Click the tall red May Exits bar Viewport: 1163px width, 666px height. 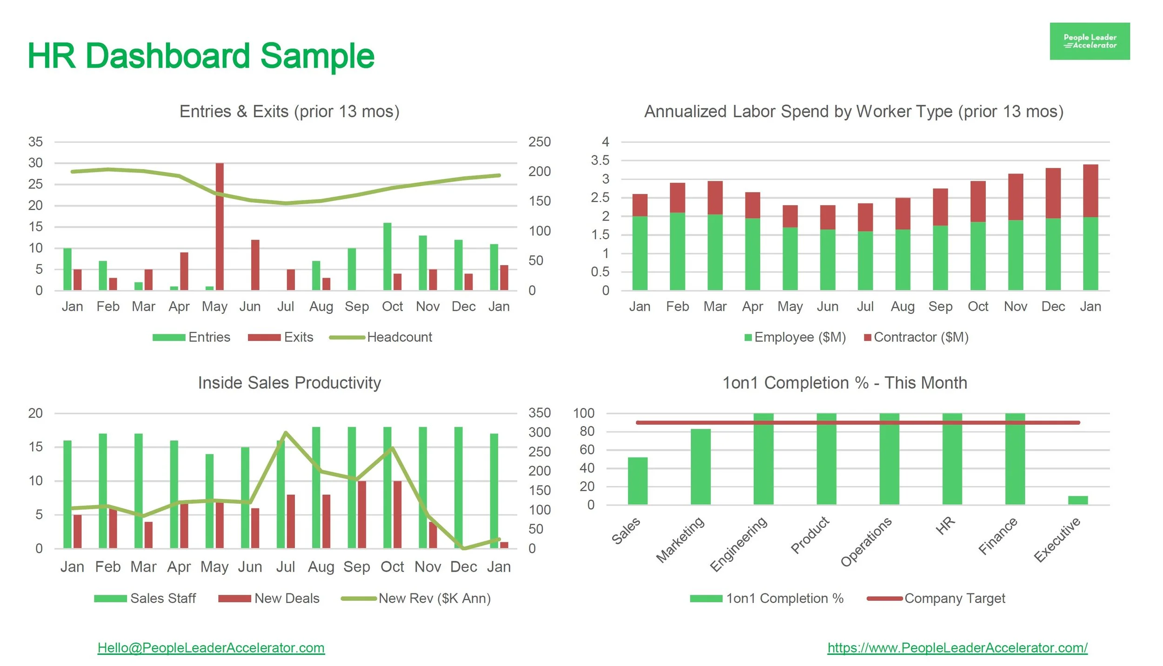(220, 226)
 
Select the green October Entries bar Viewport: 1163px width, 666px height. (387, 257)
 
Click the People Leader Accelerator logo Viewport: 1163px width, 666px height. (1089, 41)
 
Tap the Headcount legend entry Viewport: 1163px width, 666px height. (399, 337)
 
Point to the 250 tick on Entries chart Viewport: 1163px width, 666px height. (539, 142)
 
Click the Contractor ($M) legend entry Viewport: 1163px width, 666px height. (920, 337)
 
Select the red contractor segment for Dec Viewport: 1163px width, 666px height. (1053, 193)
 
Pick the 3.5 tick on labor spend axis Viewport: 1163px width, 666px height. (600, 160)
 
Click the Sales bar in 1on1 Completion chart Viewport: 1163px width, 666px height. (637, 481)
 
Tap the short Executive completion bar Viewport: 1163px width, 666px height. (1077, 500)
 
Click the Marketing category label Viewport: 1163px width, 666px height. (680, 539)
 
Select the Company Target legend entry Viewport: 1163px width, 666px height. (954, 599)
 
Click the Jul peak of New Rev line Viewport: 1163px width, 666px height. (286, 433)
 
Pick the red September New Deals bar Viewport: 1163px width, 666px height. (362, 514)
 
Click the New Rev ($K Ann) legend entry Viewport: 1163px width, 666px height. (434, 599)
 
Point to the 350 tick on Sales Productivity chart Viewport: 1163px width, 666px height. (539, 413)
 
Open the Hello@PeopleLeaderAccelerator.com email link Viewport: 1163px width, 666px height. (211, 648)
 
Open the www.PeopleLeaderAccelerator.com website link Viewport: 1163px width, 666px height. (957, 648)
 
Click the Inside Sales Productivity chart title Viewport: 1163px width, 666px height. (289, 383)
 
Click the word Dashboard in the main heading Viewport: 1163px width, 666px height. (168, 56)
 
